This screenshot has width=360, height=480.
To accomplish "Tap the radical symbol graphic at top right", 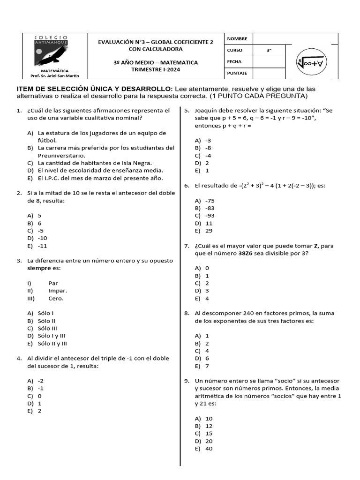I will (x=311, y=62).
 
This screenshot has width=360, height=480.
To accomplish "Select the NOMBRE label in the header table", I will (x=237, y=39).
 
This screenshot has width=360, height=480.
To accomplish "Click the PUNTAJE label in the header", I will (x=237, y=74).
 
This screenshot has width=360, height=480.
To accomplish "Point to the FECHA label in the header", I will (x=234, y=62).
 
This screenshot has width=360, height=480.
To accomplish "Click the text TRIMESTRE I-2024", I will (x=156, y=69).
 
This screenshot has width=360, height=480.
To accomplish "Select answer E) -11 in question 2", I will (x=37, y=246).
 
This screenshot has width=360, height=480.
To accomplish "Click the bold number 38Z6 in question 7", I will (x=247, y=253).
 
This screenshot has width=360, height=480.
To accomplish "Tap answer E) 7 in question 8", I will (x=202, y=366).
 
